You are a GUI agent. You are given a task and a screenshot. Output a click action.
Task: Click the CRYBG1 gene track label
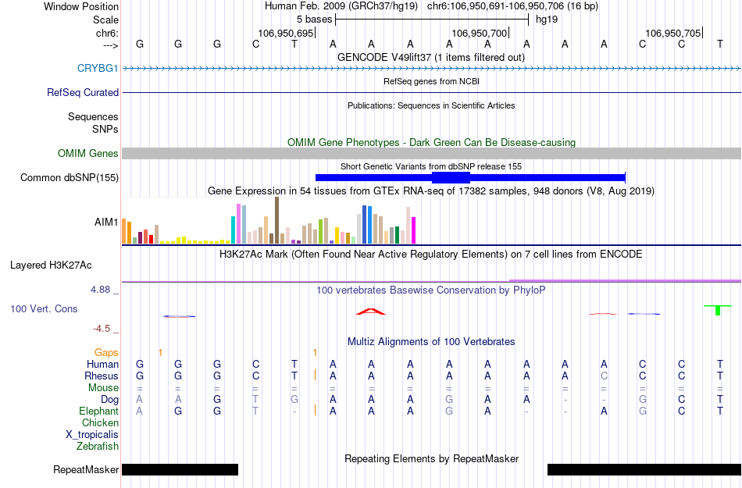tap(98, 68)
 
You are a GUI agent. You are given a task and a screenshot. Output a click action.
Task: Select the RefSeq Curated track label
tap(83, 92)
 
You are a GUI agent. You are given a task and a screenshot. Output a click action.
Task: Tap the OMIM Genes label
tap(87, 153)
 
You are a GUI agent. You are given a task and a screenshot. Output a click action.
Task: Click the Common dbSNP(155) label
tap(69, 177)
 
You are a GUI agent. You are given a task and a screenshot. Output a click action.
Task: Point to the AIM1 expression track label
tap(106, 222)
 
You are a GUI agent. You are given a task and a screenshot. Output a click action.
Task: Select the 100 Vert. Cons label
tap(44, 308)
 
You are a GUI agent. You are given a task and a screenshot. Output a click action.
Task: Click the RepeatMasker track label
tap(86, 469)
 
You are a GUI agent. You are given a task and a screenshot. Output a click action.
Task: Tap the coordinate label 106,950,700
tap(480, 33)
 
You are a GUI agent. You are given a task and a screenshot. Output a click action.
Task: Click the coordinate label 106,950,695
tap(285, 33)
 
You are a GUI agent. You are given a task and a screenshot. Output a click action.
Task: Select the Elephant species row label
tap(98, 411)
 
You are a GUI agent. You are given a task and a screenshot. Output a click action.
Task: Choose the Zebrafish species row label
tap(98, 447)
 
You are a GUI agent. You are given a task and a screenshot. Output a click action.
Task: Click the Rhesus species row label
tap(102, 376)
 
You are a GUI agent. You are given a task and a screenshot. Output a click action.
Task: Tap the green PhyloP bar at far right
tap(717, 310)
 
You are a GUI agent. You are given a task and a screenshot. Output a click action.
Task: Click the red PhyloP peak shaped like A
tap(371, 312)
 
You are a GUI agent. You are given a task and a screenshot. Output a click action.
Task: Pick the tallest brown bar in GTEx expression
tap(276, 220)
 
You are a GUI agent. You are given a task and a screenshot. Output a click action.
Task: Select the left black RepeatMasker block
tap(180, 469)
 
